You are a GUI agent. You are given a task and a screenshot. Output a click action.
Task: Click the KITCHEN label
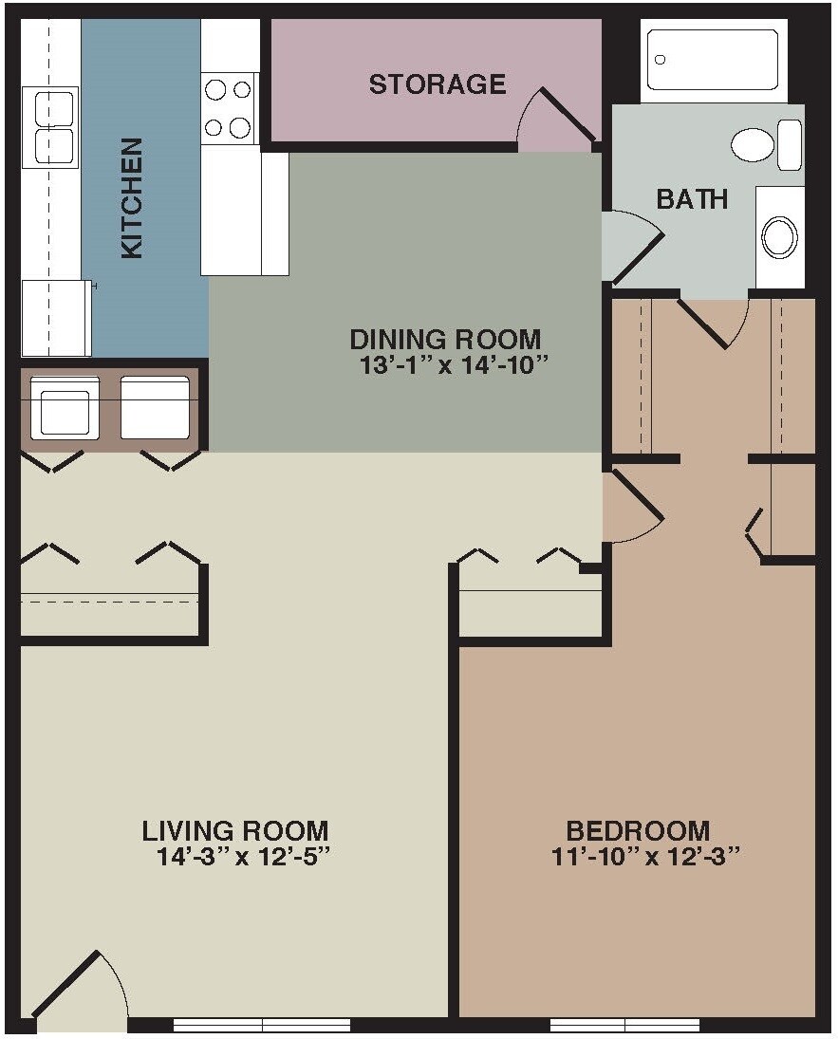pos(132,198)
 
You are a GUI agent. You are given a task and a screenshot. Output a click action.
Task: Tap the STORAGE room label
pos(437,84)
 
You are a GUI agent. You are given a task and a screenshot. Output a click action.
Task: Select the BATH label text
pos(693,199)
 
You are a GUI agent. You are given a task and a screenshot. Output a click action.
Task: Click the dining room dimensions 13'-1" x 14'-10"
pos(456,365)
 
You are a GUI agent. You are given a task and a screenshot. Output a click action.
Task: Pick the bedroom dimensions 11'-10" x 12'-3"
pos(645,857)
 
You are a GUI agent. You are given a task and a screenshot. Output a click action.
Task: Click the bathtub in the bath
pos(713,60)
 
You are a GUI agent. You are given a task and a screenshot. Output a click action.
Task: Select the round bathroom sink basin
pos(780,236)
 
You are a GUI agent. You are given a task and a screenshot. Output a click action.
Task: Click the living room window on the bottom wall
pos(262,1025)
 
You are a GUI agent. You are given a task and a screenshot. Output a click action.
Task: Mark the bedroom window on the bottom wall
pos(624,1025)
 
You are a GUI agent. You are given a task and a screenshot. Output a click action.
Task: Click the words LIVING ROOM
pos(235,831)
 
